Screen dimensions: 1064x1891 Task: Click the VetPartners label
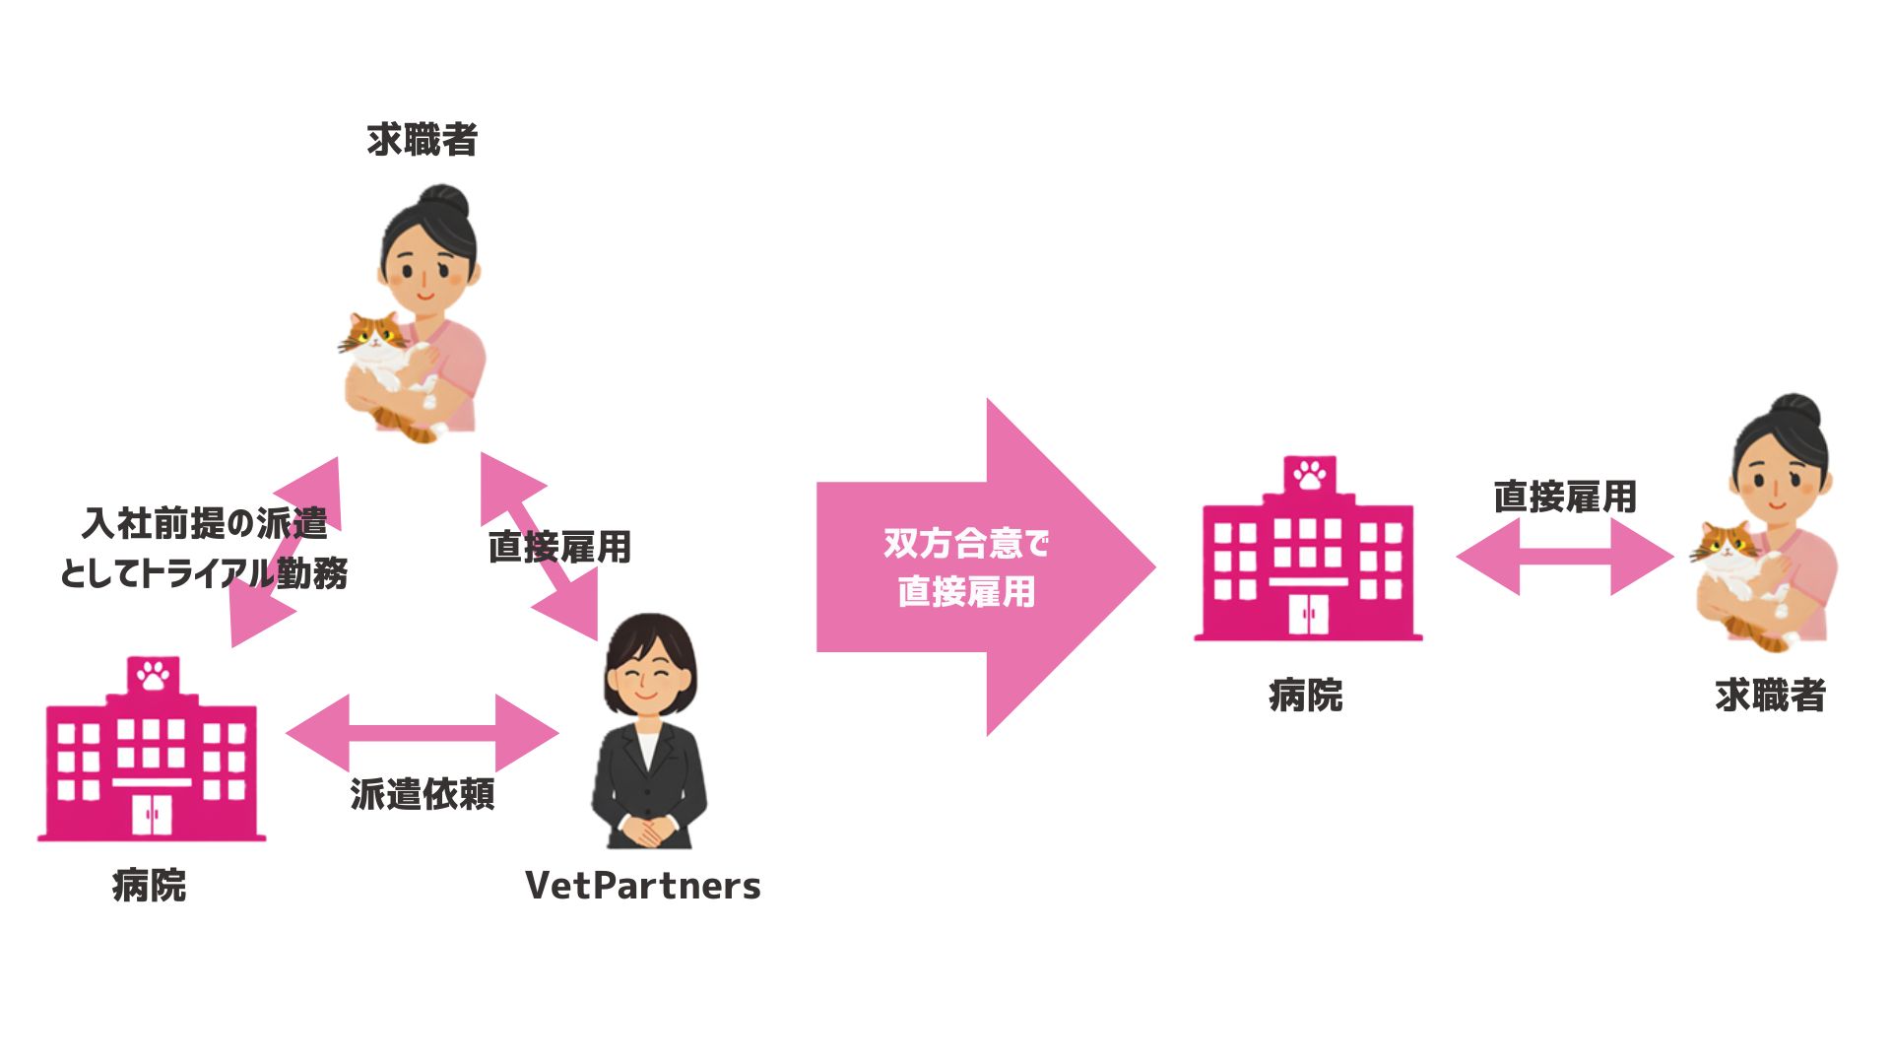(x=643, y=886)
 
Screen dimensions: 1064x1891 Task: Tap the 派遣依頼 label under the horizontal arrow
(x=423, y=794)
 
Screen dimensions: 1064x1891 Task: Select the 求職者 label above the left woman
(x=423, y=140)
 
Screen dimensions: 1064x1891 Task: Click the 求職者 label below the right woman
(x=1770, y=696)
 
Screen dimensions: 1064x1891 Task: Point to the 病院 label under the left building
(x=150, y=886)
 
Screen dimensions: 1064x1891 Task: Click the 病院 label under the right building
(x=1306, y=696)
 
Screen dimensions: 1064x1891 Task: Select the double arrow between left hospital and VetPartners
(x=423, y=733)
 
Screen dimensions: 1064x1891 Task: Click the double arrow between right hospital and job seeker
(x=1565, y=557)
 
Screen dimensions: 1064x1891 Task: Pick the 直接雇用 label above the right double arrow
(x=1565, y=497)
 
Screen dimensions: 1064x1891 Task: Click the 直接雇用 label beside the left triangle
(x=559, y=547)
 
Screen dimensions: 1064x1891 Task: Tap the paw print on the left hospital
(x=154, y=676)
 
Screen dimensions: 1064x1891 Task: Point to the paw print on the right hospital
(x=1310, y=475)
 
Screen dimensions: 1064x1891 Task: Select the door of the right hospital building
(x=1309, y=614)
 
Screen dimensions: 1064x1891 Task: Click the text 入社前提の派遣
(x=205, y=523)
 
